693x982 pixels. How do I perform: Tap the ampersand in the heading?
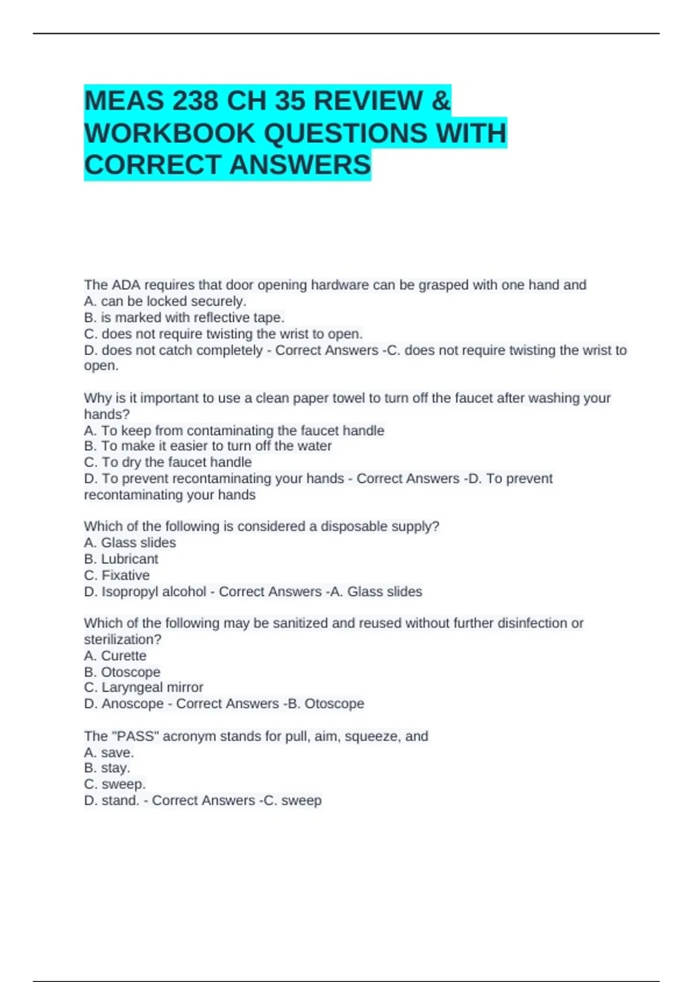coord(440,101)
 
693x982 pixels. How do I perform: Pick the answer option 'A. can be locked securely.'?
coord(165,301)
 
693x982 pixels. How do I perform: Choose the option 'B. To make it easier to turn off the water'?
coord(208,446)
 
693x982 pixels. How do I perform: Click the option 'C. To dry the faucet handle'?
coord(168,462)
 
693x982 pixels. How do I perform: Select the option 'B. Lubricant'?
coord(121,559)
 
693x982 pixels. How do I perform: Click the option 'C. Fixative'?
coord(117,575)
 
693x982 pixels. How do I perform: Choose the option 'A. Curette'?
coord(115,656)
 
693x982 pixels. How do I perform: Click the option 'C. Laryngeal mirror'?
coord(144,687)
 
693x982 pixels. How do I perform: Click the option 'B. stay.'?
coord(107,768)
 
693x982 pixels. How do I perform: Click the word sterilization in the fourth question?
coord(120,639)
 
